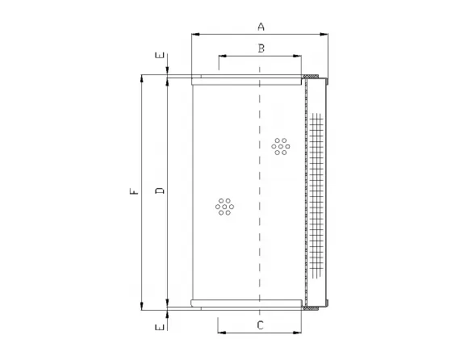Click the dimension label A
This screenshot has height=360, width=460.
point(261,27)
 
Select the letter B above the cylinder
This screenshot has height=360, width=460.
point(261,48)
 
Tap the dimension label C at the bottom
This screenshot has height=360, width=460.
point(260,325)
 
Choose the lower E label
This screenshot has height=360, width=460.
point(160,327)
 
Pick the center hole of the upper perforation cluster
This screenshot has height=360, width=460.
point(281,146)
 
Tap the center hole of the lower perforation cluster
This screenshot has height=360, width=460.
point(224,206)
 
